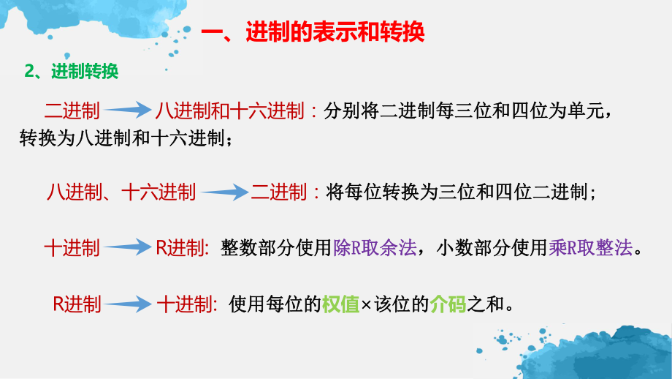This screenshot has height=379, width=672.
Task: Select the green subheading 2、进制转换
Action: (x=72, y=71)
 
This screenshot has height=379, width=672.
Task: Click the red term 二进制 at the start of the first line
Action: (x=72, y=110)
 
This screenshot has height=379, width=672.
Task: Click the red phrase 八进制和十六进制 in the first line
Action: (x=229, y=110)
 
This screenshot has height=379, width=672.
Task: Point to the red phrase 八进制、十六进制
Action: (x=121, y=192)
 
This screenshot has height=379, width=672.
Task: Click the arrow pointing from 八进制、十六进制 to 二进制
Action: (x=224, y=193)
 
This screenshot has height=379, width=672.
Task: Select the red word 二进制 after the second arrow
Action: (x=278, y=192)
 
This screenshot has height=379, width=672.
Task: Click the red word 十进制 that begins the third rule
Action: (x=72, y=248)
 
